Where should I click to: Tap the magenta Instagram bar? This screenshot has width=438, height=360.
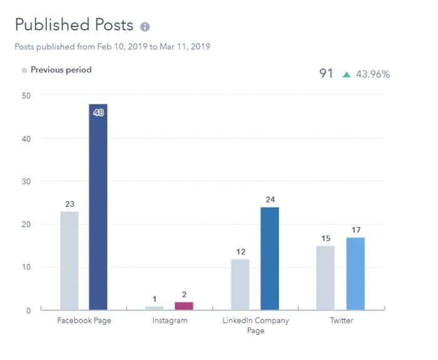click(x=183, y=306)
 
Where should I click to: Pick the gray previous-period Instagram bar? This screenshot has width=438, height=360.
click(x=155, y=307)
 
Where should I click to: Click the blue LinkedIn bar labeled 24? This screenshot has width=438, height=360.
click(x=270, y=258)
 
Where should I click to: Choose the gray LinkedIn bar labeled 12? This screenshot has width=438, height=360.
click(x=240, y=284)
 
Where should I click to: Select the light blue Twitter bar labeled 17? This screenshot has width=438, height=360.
click(x=355, y=273)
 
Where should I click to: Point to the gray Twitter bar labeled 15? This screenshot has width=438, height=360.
click(x=325, y=277)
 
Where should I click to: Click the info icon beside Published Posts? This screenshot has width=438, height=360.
click(x=145, y=27)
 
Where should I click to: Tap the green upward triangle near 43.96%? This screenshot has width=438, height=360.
click(x=346, y=74)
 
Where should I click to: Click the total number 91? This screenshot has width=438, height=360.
click(x=326, y=74)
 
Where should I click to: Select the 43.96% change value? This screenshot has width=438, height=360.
click(x=373, y=74)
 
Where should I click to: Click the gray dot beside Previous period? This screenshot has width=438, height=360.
click(x=24, y=70)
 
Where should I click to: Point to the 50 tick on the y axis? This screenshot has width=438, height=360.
click(x=27, y=95)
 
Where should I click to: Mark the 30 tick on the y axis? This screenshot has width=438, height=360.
click(x=27, y=181)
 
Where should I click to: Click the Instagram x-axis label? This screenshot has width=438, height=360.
click(x=169, y=321)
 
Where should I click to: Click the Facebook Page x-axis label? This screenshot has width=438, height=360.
click(x=83, y=321)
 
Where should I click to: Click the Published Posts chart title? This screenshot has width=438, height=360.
click(x=74, y=25)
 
